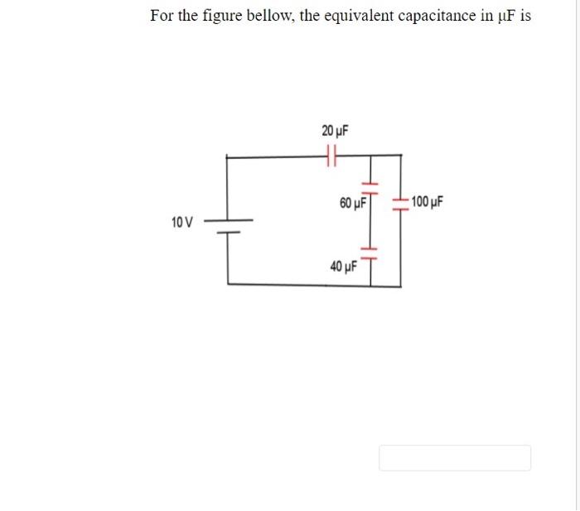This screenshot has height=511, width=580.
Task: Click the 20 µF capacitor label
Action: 335,131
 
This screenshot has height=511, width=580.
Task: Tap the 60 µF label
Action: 353,203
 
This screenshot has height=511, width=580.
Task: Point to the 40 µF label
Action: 343,267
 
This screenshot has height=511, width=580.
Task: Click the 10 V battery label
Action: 181,222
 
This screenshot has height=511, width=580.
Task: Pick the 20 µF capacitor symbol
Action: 333,154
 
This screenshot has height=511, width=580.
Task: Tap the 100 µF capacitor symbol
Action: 401,204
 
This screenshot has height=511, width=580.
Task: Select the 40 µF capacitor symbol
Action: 370,251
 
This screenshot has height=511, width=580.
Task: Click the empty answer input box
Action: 455,458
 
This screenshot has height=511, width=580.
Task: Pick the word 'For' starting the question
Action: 161,17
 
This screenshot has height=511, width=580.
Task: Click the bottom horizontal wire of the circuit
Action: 315,285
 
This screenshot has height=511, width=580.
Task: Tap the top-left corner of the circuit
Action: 229,155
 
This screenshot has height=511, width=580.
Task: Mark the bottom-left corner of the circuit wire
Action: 229,285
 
